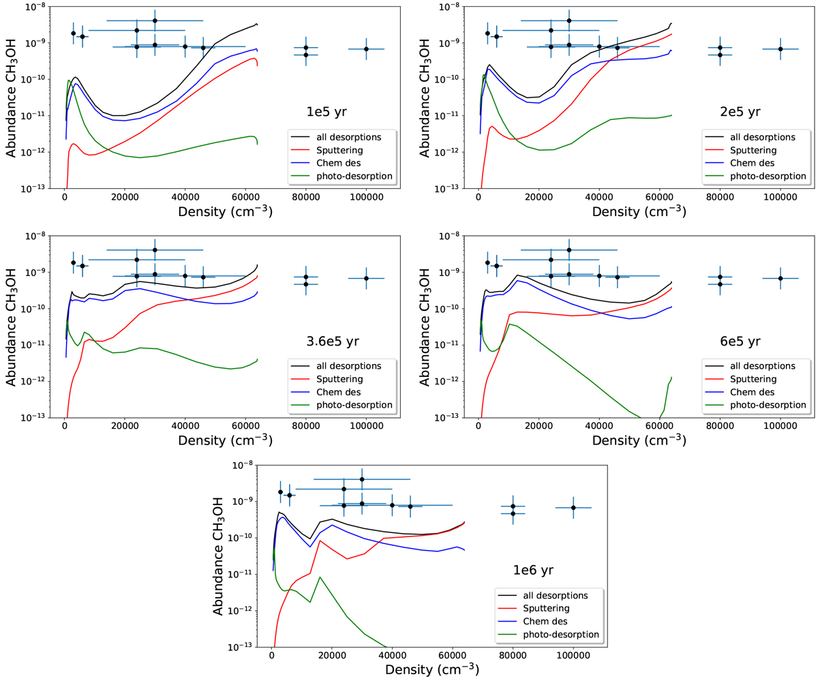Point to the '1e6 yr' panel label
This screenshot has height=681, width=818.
[x=532, y=569]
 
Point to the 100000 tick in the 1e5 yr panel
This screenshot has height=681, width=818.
[x=366, y=198]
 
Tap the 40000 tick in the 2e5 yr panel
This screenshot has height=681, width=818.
[x=599, y=198]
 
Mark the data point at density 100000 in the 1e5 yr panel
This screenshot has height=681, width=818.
[x=366, y=49]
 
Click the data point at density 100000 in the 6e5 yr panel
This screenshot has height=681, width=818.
[x=781, y=278]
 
